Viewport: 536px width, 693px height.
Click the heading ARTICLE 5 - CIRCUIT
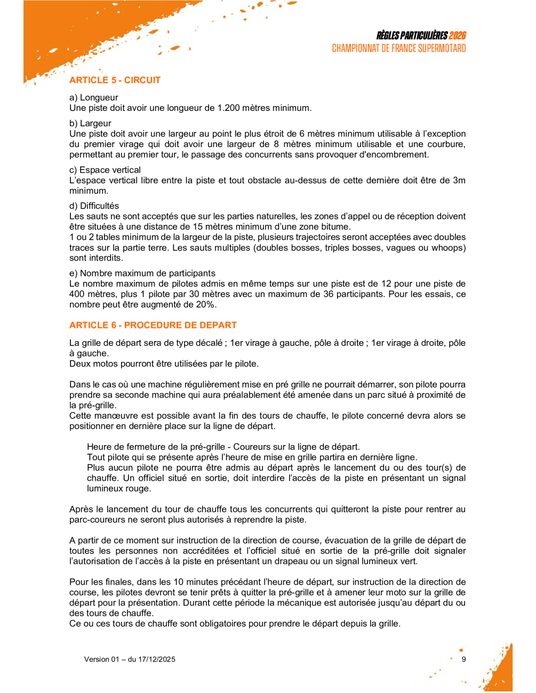click(x=115, y=80)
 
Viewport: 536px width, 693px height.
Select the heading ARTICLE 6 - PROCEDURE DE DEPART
click(x=153, y=325)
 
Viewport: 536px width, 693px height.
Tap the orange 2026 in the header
click(x=457, y=36)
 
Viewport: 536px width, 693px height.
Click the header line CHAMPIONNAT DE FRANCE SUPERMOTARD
click(x=398, y=49)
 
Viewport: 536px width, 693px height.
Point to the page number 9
click(x=463, y=659)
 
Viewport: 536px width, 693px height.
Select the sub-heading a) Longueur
click(x=94, y=98)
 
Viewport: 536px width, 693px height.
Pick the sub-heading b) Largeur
click(x=90, y=123)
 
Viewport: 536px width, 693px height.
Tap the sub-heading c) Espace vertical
click(x=105, y=170)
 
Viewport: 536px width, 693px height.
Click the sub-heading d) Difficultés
click(x=94, y=206)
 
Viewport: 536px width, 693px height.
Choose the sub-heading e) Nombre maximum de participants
click(x=142, y=273)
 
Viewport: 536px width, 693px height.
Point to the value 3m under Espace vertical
click(x=459, y=180)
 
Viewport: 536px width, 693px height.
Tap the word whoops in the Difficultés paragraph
click(x=448, y=248)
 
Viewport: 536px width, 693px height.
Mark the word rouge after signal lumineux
click(x=139, y=489)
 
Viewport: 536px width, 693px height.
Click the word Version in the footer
click(x=97, y=659)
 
